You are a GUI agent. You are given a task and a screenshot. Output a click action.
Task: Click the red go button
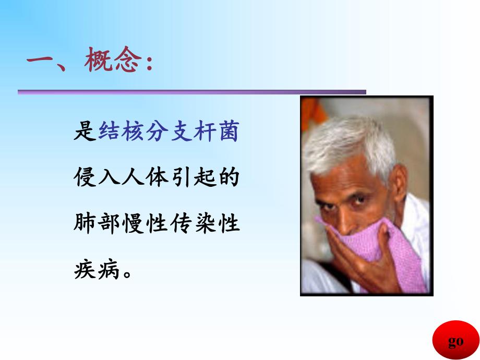(455, 341)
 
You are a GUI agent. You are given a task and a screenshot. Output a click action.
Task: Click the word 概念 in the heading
(113, 63)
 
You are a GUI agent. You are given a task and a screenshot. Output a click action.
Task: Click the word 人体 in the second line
(145, 179)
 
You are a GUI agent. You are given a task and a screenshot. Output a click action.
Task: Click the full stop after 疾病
(125, 273)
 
